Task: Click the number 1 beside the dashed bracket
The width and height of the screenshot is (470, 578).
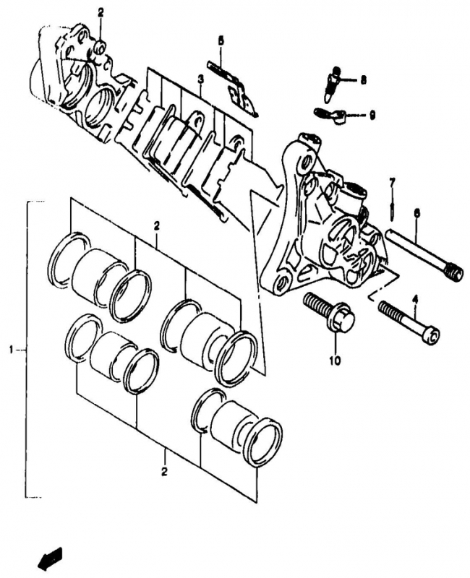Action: point(12,349)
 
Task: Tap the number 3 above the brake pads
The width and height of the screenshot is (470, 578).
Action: point(200,79)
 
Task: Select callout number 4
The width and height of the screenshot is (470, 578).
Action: point(415,301)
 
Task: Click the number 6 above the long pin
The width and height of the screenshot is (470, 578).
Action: point(417,213)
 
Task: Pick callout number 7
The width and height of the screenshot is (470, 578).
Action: point(392,182)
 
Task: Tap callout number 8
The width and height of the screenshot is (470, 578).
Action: point(364,80)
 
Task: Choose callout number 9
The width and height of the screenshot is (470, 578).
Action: point(372,116)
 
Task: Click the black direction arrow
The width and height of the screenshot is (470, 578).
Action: point(50,559)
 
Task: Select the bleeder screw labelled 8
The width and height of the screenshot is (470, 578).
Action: point(333,85)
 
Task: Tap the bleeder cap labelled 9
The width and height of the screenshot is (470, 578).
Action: point(330,115)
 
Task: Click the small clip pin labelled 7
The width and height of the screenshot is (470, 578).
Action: point(392,210)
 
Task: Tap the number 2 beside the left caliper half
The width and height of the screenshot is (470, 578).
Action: point(101,14)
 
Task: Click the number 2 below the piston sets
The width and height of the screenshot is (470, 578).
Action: point(164,472)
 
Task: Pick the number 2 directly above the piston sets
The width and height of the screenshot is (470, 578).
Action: point(157,225)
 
